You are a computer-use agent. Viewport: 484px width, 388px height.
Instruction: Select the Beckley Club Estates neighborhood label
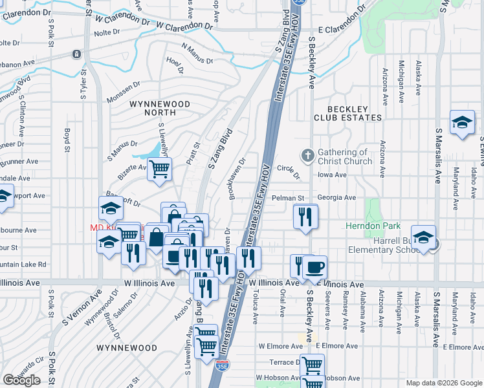point(347,113)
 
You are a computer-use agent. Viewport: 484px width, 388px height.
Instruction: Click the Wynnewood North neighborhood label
point(160,108)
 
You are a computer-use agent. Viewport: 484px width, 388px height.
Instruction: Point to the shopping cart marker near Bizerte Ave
point(159,169)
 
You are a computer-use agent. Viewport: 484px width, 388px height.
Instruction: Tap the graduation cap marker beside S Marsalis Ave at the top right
point(462,122)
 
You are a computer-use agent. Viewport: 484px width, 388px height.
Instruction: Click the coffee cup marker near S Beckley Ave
point(314,266)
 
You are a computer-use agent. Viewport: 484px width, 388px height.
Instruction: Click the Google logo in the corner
point(21,380)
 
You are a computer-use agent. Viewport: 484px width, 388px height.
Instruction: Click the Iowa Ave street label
point(333,175)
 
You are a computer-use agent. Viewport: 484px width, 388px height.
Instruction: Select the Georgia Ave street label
point(336,198)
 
